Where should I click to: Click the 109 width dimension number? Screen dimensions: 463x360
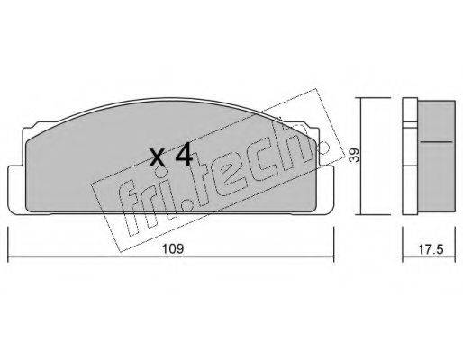tap(173, 249)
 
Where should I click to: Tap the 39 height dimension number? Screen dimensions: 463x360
tap(355, 156)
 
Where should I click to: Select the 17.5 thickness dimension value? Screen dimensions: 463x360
tap(431, 249)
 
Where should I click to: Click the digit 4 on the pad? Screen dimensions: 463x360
tap(184, 155)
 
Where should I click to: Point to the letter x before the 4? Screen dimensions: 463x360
tap(158, 158)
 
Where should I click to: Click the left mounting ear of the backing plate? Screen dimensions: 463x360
tap(16, 190)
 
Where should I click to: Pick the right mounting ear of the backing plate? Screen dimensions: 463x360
tap(324, 190)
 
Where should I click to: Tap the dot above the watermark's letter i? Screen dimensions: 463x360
tap(162, 173)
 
